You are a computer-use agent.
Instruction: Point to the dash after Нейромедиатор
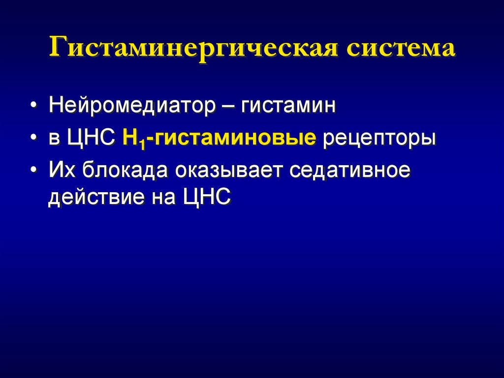pos(228,106)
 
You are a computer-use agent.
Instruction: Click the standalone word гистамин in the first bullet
pos(288,106)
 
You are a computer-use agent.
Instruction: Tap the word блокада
pos(121,171)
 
